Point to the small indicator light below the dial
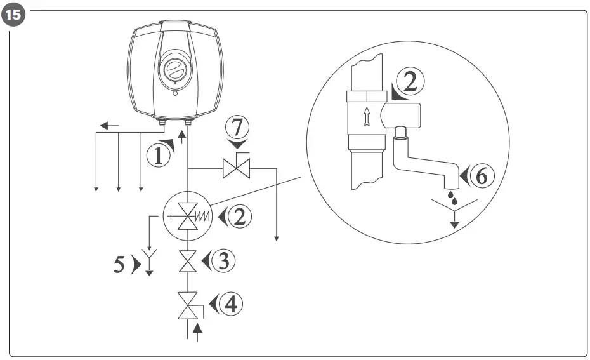click(x=176, y=94)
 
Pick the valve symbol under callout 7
click(x=236, y=169)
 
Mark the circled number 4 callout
click(x=230, y=304)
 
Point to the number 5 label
click(x=119, y=264)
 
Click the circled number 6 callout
click(x=482, y=175)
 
